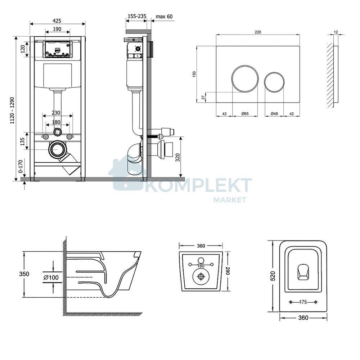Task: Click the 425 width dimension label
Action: tap(57, 21)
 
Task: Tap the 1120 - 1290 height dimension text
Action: tap(12, 111)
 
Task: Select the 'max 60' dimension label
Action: tap(164, 17)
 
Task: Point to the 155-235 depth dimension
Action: tap(137, 16)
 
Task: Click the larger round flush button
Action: tap(245, 78)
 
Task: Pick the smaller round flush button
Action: tap(274, 82)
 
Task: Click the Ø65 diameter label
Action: tap(245, 114)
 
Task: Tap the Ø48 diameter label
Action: tap(274, 114)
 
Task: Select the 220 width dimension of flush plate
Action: tap(258, 32)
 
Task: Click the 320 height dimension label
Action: tap(177, 157)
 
